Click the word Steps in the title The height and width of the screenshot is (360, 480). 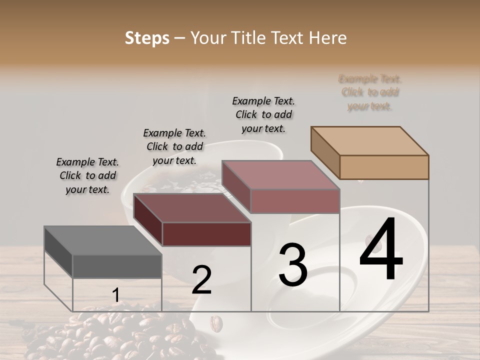pos(147,38)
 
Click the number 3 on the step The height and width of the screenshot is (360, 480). pos(292,264)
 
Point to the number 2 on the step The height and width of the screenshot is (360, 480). pos(201,280)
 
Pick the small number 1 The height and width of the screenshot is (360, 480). pos(115,296)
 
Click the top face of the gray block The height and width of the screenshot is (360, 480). pos(102,240)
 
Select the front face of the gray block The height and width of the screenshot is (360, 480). pos(117,266)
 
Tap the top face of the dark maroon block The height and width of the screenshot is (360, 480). pos(191,208)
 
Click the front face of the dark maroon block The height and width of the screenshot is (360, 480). pos(206,234)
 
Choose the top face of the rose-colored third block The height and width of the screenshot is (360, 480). pos(280,175)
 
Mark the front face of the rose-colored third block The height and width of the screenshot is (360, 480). pos(295,201)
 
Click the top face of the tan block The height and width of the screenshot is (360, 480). pos(369,141)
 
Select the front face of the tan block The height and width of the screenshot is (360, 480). pos(384,167)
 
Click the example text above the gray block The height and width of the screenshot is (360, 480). pos(87,176)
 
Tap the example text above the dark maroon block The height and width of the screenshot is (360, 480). pos(174,146)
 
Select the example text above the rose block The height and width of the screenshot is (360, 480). pos(263,114)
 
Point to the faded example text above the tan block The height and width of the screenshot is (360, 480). pos(370,92)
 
